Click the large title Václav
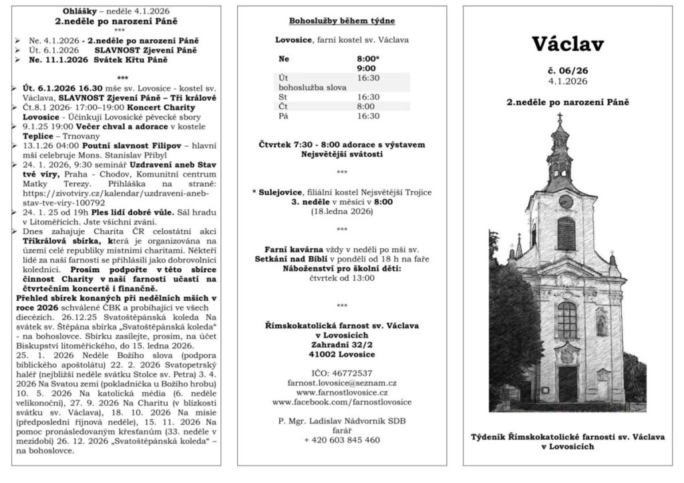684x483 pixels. [568, 44]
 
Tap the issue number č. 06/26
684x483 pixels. [568, 70]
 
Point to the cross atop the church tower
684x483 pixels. [560, 118]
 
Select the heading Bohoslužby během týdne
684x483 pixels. [341, 21]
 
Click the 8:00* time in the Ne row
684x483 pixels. [367, 58]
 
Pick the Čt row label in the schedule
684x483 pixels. [283, 106]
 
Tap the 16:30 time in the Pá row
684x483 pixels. [368, 115]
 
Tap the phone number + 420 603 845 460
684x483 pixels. [341, 440]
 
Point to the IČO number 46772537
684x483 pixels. [341, 373]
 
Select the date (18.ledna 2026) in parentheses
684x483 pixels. [341, 211]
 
